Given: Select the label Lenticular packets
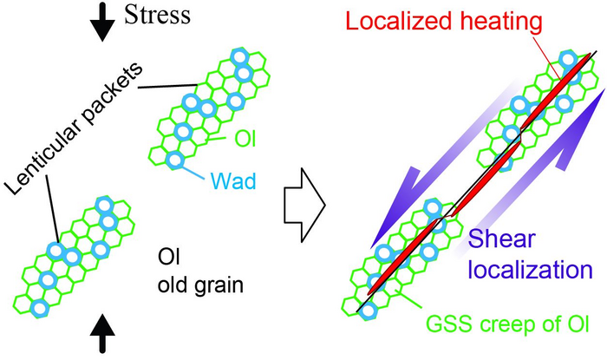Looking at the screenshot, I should coord(75,122).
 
